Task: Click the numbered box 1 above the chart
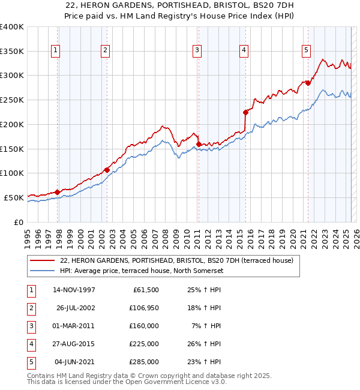pyautogui.click(x=55, y=51)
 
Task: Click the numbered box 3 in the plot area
pyautogui.click(x=197, y=51)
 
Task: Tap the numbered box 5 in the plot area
pyautogui.click(x=306, y=51)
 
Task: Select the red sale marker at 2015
pyautogui.click(x=245, y=112)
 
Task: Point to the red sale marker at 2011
pyautogui.click(x=198, y=144)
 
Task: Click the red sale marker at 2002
pyautogui.click(x=107, y=170)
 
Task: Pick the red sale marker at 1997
pyautogui.click(x=58, y=192)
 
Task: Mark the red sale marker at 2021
pyautogui.click(x=308, y=83)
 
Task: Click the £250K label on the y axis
pyautogui.click(x=12, y=100)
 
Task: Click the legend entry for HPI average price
pyautogui.click(x=141, y=271)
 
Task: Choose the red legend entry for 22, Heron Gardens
pyautogui.click(x=176, y=260)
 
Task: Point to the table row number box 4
pyautogui.click(x=31, y=344)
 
